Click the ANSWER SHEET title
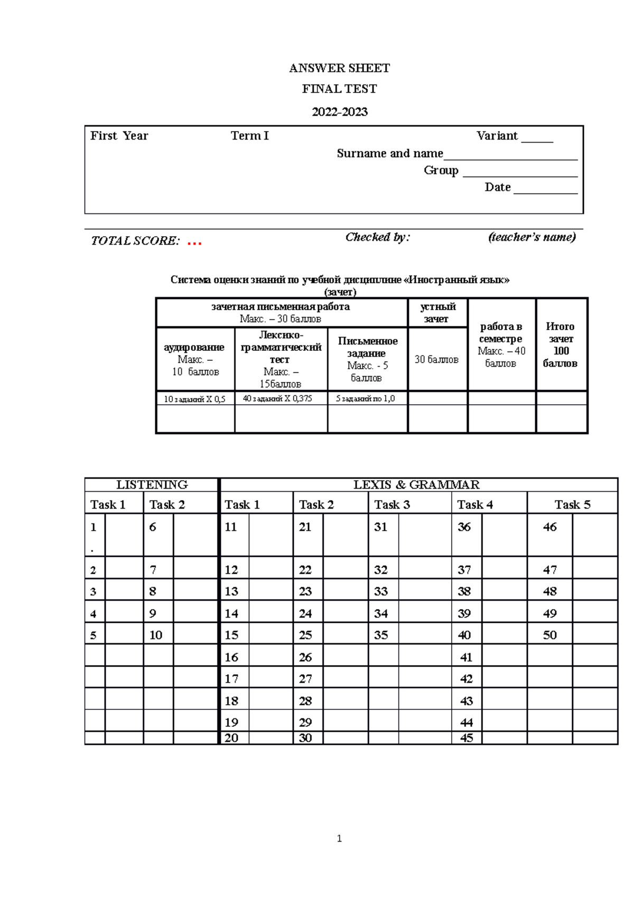coord(339,68)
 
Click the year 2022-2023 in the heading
coord(339,112)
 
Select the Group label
coord(441,171)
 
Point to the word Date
coord(497,188)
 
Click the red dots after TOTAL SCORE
coord(194,243)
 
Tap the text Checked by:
coord(377,237)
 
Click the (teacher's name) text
coord(532,237)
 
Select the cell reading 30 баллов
coord(436,360)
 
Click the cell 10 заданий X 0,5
coord(194,399)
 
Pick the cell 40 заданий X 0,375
coord(277,399)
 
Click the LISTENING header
coord(152,485)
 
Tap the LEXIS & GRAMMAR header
coord(416,485)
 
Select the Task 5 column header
coord(572,505)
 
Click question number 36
coord(464,527)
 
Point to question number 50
coord(549,636)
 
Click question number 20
coord(231,738)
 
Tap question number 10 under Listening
coord(156,636)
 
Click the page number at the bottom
coord(339,838)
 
